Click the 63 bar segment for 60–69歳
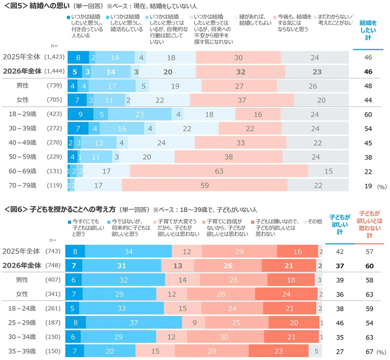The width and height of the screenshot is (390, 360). pyautogui.click(x=219, y=171)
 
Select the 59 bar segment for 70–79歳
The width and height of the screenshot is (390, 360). pyautogui.click(x=205, y=185)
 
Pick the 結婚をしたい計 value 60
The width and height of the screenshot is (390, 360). pyautogui.click(x=368, y=114)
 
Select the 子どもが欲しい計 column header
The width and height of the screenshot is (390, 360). pyautogui.click(x=339, y=224)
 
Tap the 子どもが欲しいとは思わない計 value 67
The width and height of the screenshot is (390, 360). pyautogui.click(x=369, y=351)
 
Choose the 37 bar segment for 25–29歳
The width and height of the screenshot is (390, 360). pyautogui.click(x=134, y=323)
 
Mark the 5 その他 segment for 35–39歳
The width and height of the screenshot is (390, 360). pyautogui.click(x=316, y=351)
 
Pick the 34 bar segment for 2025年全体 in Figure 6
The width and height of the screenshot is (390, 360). pyautogui.click(x=128, y=252)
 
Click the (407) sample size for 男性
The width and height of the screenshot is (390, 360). pyautogui.click(x=55, y=280)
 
